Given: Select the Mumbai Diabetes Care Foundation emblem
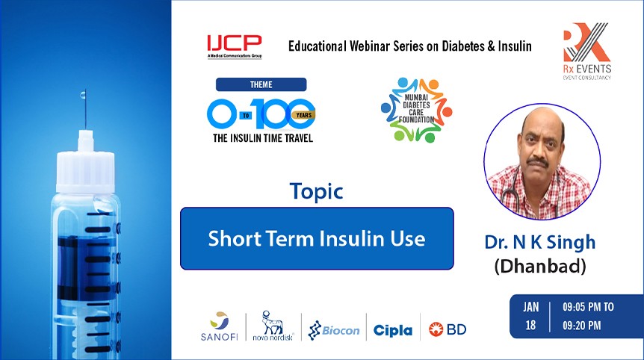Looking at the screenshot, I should tap(416, 110).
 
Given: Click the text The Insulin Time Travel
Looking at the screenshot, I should tap(261, 137).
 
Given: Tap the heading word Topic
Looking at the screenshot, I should tap(317, 191).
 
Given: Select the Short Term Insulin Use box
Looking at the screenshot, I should tap(317, 238).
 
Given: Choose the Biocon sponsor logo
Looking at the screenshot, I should tap(334, 329).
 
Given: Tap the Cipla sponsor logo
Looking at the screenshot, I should tap(392, 329).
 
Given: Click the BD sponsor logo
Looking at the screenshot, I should tap(448, 329).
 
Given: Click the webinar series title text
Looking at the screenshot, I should tap(409, 46).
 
